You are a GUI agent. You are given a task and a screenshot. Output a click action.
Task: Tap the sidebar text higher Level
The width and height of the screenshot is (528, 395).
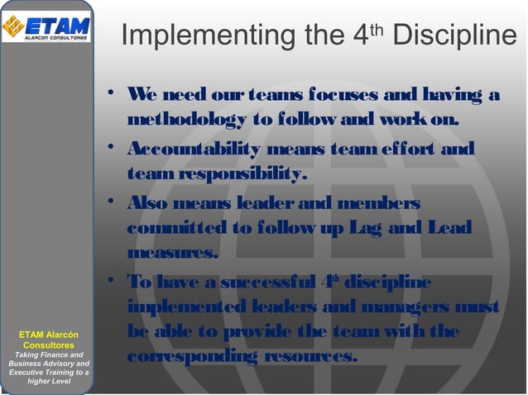click(49, 382)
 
